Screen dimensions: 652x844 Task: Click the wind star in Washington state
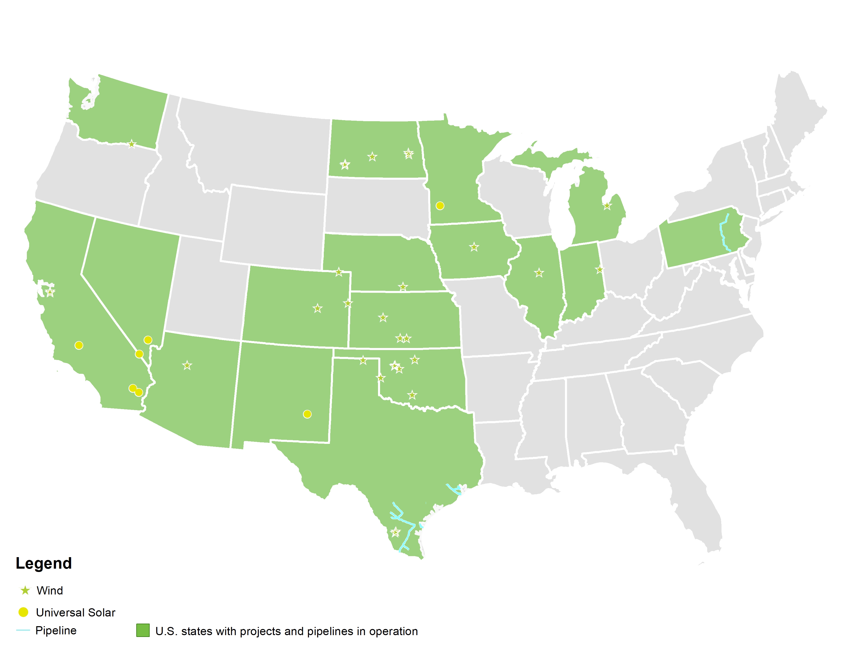132,144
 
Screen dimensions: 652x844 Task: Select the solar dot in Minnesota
440,206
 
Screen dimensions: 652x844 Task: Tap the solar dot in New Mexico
307,414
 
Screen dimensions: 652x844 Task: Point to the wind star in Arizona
187,365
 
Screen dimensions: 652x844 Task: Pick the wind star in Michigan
607,206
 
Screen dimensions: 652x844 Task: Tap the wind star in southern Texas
395,532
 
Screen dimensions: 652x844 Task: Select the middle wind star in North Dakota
372,156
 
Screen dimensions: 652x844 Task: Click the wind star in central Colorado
318,308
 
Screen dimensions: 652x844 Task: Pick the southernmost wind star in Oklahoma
412,395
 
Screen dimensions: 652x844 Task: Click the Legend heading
44,563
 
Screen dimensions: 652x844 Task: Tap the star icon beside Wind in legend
25,590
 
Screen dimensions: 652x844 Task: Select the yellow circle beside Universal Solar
23,612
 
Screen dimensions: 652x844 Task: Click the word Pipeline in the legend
56,630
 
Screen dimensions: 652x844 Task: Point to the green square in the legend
143,630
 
